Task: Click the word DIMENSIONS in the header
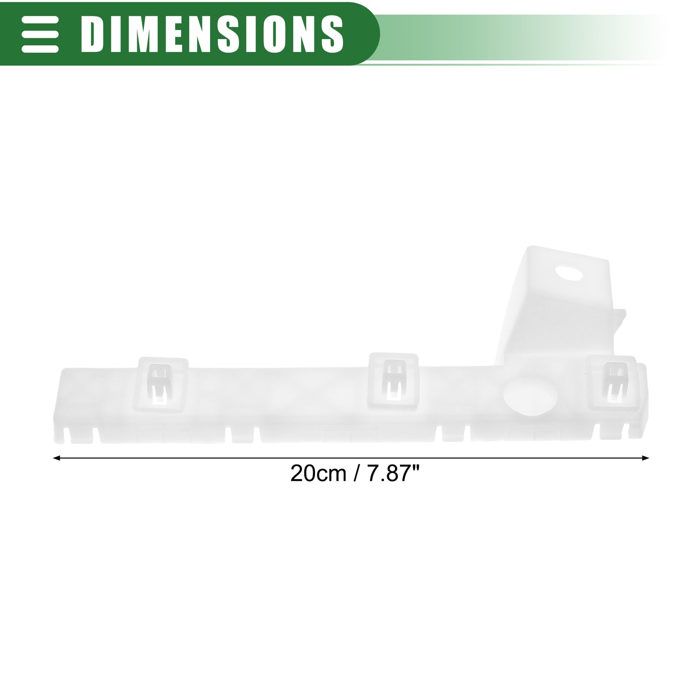pyautogui.click(x=212, y=34)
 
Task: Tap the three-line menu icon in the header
pyautogui.click(x=40, y=34)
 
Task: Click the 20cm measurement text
pyautogui.click(x=318, y=473)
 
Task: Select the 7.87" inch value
pyautogui.click(x=393, y=473)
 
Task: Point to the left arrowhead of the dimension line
pyautogui.click(x=57, y=458)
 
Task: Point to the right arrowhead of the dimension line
pyautogui.click(x=645, y=458)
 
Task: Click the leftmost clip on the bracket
pyautogui.click(x=161, y=384)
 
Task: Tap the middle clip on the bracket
pyautogui.click(x=393, y=380)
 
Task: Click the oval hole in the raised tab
pyautogui.click(x=569, y=273)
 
